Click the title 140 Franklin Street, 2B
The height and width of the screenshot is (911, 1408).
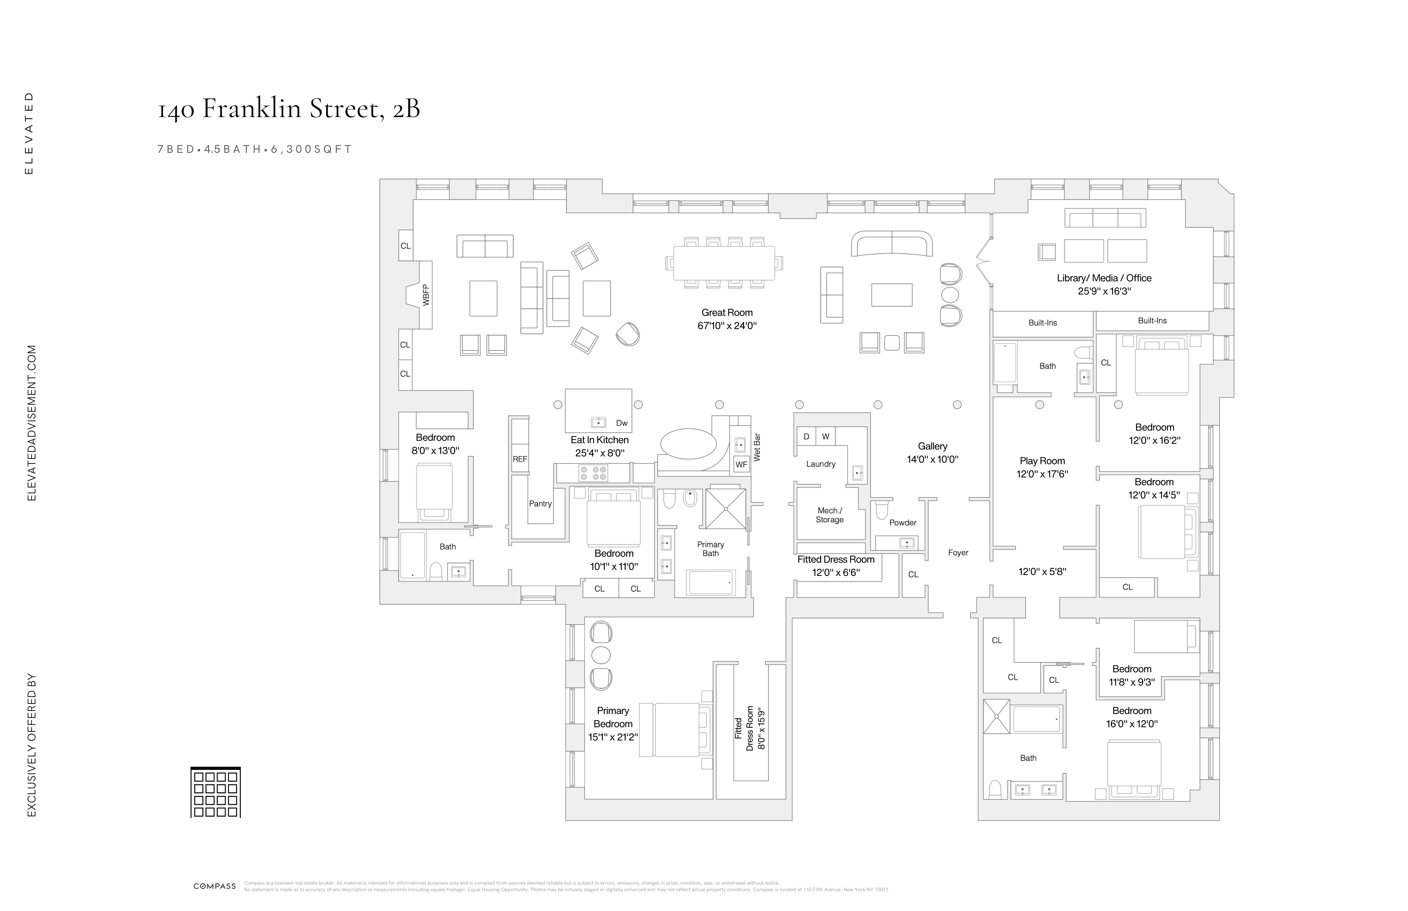pyautogui.click(x=289, y=109)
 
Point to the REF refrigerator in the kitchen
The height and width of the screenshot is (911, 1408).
pyautogui.click(x=519, y=459)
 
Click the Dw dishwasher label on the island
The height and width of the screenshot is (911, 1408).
pyautogui.click(x=621, y=423)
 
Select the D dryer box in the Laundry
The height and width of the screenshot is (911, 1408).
pyautogui.click(x=806, y=437)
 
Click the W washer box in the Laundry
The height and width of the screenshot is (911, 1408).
pyautogui.click(x=825, y=437)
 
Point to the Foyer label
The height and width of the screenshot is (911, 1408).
pyautogui.click(x=958, y=552)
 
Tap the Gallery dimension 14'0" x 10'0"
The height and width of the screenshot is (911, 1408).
pyautogui.click(x=932, y=459)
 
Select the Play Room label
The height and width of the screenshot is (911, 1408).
pyautogui.click(x=1042, y=461)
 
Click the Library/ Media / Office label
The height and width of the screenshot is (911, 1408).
pyautogui.click(x=1104, y=278)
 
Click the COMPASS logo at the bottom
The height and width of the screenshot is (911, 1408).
pyautogui.click(x=215, y=886)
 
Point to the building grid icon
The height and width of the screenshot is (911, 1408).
pyautogui.click(x=215, y=793)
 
